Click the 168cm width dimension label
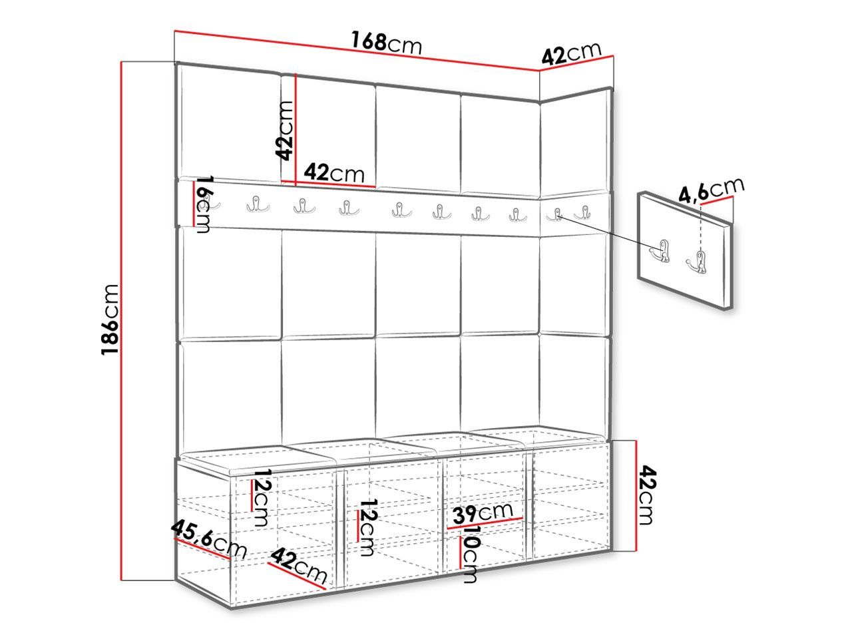386,43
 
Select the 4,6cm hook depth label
711,190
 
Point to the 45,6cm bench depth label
209,538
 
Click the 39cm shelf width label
483,513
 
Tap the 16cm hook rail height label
204,204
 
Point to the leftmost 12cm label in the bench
260,497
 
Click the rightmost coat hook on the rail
583,213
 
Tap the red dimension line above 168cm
357,51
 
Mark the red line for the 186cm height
122,321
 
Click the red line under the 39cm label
485,523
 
